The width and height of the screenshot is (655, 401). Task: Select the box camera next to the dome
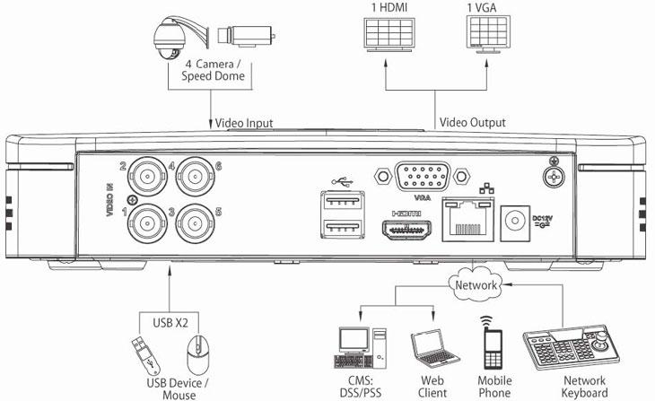247,36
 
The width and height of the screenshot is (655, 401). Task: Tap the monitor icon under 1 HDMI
389,35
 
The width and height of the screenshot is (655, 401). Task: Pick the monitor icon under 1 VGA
488,35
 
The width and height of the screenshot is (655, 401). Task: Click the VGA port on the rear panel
423,177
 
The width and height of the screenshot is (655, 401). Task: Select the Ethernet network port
467,220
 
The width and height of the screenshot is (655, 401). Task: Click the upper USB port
343,201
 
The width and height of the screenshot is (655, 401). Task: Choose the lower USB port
343,229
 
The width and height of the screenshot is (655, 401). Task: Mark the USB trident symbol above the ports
343,182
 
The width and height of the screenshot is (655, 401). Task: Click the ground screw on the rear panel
554,177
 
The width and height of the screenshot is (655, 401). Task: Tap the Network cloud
476,285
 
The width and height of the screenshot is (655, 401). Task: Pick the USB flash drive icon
145,355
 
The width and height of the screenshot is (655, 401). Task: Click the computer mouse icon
198,354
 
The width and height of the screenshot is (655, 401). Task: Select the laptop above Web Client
434,349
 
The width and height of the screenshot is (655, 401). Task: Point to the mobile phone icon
492,343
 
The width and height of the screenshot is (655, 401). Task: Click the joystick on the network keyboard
601,341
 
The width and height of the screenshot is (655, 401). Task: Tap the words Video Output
473,122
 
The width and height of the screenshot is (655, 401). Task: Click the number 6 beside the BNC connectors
218,167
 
